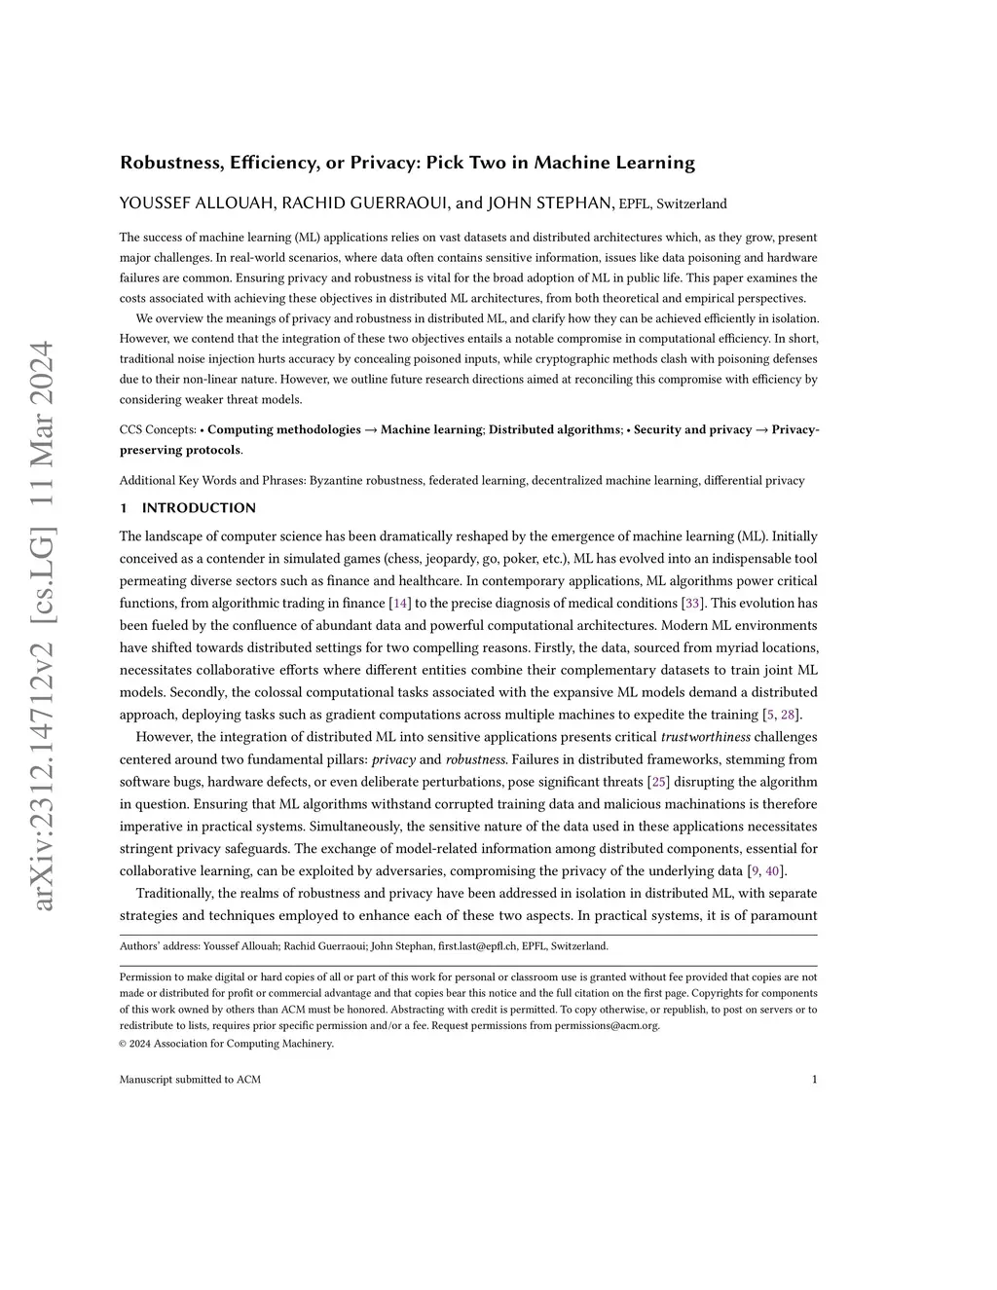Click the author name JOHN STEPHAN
550,203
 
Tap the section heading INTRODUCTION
199,508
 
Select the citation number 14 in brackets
399,604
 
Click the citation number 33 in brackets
693,604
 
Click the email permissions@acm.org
607,1025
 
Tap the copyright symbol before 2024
124,1045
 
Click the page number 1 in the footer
814,1080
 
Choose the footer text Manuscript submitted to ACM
190,1080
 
